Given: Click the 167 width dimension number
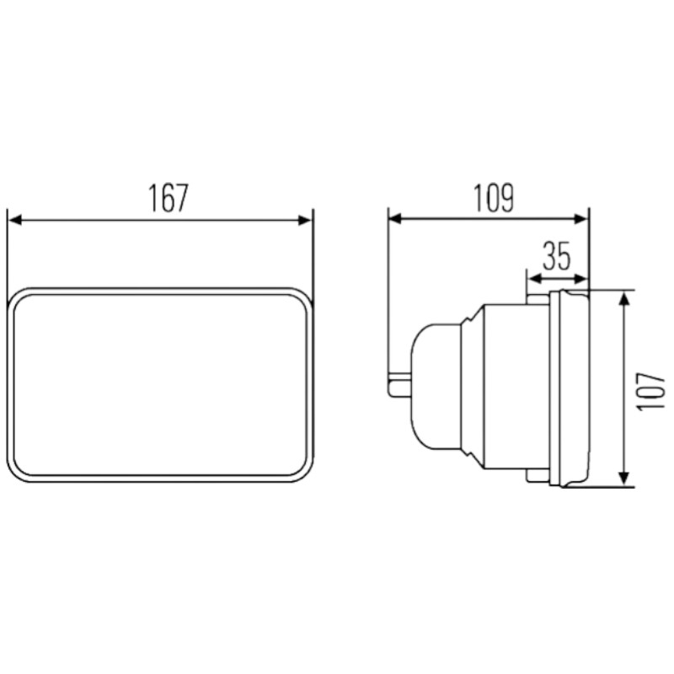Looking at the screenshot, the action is [168, 198].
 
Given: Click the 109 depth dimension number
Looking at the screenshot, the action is [494, 198].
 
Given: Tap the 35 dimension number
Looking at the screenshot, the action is [556, 256].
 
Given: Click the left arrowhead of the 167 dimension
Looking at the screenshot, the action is [15, 221].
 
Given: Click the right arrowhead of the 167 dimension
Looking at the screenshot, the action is [304, 221].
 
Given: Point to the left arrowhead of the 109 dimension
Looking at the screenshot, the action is [395, 219].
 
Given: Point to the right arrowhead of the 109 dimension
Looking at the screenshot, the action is [580, 219].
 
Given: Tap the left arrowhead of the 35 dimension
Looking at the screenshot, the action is [534, 279].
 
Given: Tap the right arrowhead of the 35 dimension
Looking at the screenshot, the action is [580, 279].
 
